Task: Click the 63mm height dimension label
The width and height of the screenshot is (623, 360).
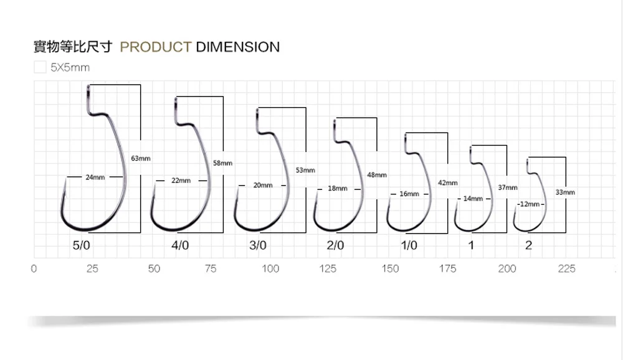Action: click(x=141, y=158)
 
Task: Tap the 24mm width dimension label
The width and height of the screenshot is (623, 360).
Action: click(x=95, y=178)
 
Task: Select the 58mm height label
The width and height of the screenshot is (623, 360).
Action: click(x=222, y=163)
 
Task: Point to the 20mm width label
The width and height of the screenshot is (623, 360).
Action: click(x=263, y=185)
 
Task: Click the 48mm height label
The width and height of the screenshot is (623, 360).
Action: click(x=377, y=175)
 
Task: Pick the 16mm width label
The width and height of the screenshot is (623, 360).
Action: click(x=409, y=194)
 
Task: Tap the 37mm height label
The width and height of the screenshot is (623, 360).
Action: click(x=508, y=187)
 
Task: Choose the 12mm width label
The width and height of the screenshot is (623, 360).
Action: click(x=530, y=204)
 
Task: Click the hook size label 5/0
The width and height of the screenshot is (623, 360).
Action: click(x=82, y=245)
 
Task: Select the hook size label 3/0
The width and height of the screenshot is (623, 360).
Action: click(x=258, y=245)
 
